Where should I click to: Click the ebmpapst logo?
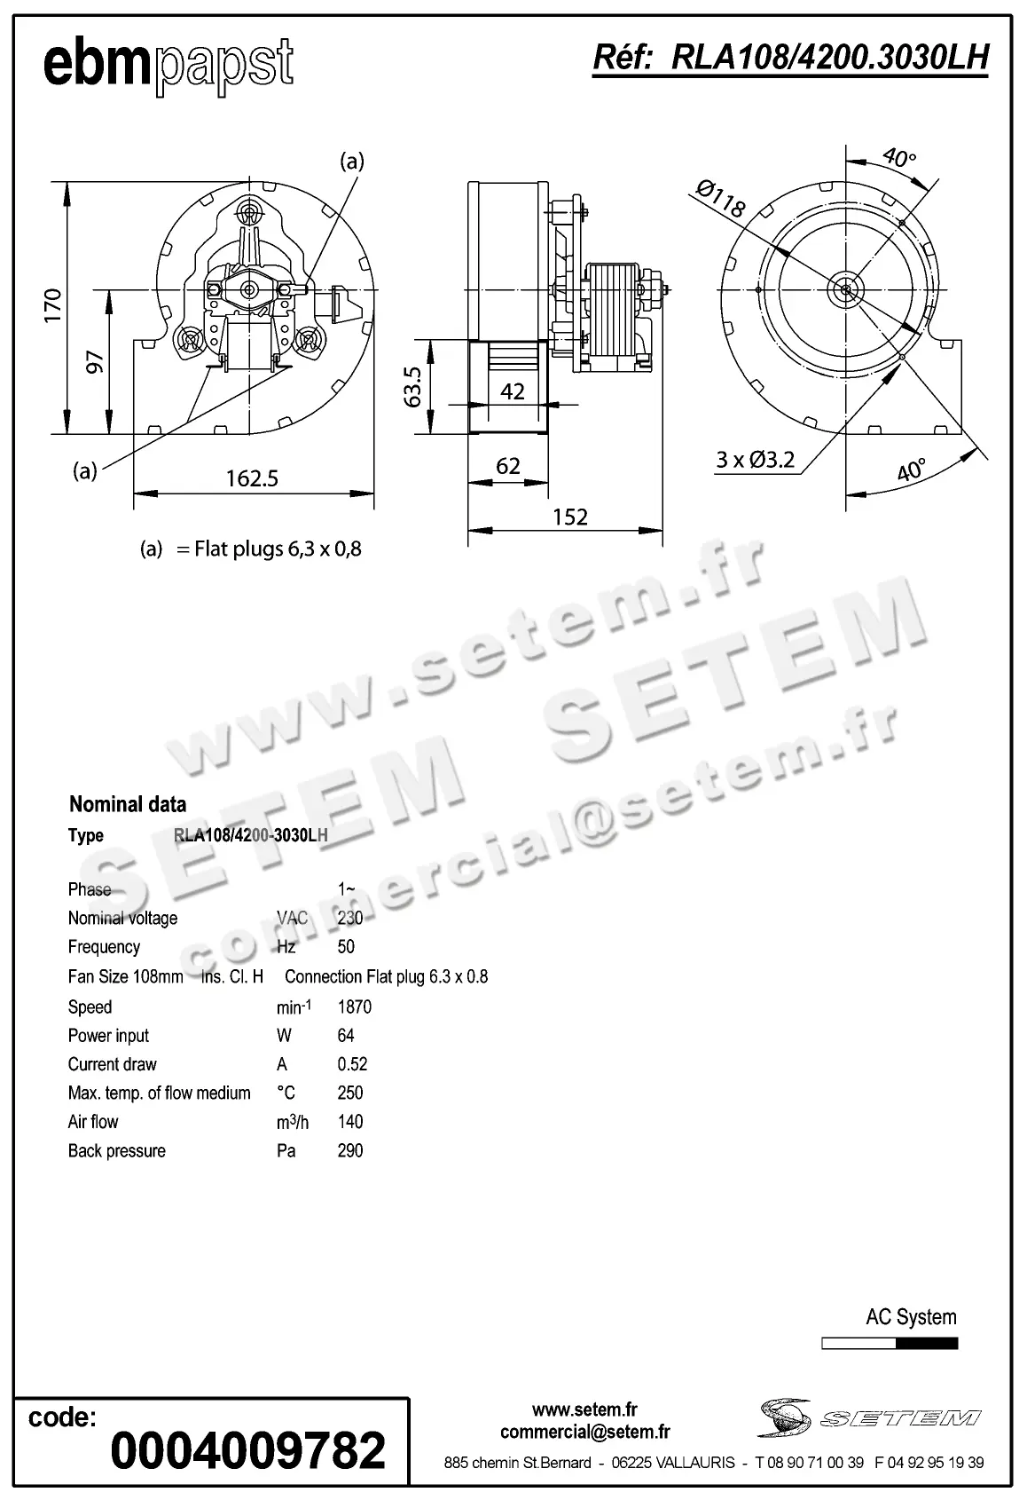tap(168, 64)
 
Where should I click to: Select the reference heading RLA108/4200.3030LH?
tap(789, 59)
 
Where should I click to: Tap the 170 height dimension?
tap(53, 305)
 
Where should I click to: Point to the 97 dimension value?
tap(95, 361)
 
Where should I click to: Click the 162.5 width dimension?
tap(252, 478)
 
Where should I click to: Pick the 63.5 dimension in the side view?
tap(412, 386)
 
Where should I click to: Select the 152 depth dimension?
tap(570, 517)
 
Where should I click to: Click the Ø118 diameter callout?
tap(720, 199)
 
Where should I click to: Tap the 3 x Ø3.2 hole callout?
tap(756, 460)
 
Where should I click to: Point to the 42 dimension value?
tap(513, 391)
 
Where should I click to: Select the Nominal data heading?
tap(128, 804)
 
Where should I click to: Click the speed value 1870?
tap(355, 1007)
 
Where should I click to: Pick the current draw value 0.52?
tap(352, 1064)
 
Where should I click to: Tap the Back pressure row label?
tap(117, 1150)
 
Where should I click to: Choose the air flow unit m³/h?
tap(293, 1122)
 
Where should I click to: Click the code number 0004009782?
tap(248, 1450)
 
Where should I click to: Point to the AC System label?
tap(911, 1317)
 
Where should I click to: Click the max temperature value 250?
tap(350, 1093)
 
